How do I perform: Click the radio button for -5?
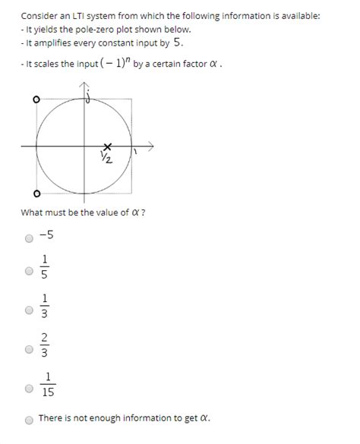coord(29,238)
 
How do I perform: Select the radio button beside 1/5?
coord(29,270)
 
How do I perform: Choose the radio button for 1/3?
coord(29,310)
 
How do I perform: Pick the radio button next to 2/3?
coord(29,349)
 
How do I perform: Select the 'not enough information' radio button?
coord(29,419)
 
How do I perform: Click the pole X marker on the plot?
coord(107,145)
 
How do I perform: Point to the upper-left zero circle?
coord(36,99)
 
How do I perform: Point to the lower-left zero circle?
coord(36,192)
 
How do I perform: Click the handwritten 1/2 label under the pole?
coord(106,157)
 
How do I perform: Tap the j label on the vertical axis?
coord(88,96)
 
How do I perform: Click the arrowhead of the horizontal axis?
coord(151,144)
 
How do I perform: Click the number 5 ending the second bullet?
coord(178,43)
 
